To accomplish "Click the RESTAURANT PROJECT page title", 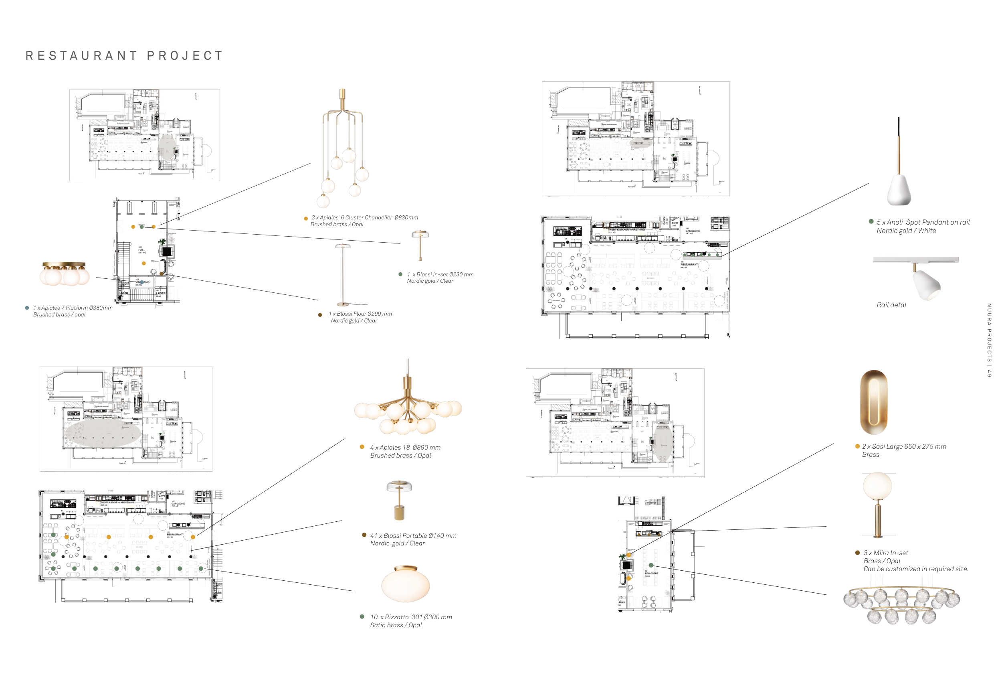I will [124, 56].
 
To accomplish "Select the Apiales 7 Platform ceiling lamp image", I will [65, 274].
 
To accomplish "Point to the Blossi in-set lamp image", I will [420, 244].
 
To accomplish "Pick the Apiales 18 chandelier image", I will [408, 405].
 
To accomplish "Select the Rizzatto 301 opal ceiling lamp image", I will [405, 584].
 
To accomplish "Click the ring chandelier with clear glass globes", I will [901, 604].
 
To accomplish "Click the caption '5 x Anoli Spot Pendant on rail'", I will [923, 222].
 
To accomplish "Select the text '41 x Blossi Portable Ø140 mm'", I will [413, 535].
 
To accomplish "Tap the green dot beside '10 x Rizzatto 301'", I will [362, 616].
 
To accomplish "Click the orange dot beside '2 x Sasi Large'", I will [858, 446].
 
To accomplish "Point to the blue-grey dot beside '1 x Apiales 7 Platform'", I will [27, 308].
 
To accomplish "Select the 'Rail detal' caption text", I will [891, 305].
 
